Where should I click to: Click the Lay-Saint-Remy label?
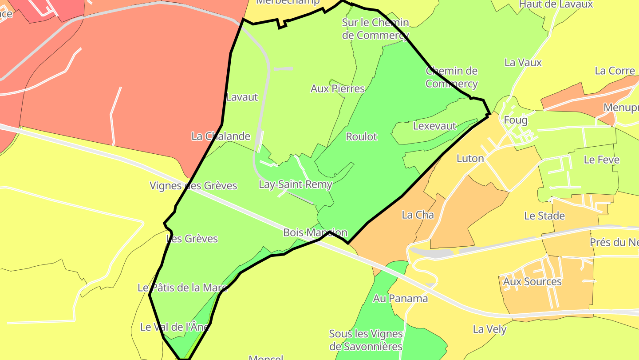pos(296,184)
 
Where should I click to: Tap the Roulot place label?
pos(361,137)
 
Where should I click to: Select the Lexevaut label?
pos(434,126)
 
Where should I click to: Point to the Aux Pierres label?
pos(337,88)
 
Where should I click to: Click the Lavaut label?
pos(242,97)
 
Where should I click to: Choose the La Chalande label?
pos(221,136)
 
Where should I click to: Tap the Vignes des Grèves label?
pos(193,185)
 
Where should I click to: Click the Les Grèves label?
pos(192,239)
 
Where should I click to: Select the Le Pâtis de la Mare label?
pos(182,288)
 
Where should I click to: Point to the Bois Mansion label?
pos(315,232)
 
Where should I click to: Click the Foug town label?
pos(516,120)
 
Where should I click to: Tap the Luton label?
pos(470,158)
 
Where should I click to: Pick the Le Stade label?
pos(544,216)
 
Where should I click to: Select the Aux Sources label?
pos(532,282)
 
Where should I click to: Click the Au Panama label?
pos(400,298)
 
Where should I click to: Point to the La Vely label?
pos(489,329)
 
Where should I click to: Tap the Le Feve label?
pos(601,160)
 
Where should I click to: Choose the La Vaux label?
pos(523,63)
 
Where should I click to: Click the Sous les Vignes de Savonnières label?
pos(366,340)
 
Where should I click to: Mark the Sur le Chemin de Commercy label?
pos(375,28)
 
